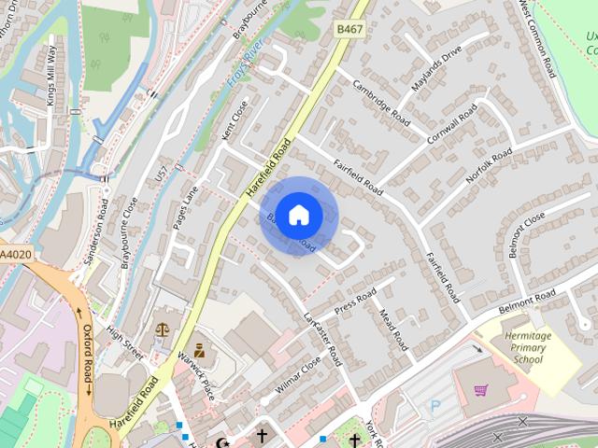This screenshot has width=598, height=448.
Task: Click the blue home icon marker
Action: pyautogui.click(x=298, y=216)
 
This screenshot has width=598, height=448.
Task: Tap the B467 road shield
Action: pyautogui.click(x=349, y=31)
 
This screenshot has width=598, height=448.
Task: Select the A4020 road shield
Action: pyautogui.click(x=15, y=254)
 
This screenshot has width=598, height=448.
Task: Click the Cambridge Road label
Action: pyautogui.click(x=381, y=103)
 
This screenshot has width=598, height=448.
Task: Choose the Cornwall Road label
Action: pyautogui.click(x=455, y=129)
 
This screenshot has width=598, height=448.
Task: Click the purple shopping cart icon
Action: pyautogui.click(x=480, y=390)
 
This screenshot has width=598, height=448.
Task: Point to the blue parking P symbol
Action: pyautogui.click(x=434, y=406)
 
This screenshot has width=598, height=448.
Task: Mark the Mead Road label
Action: pyautogui.click(x=393, y=329)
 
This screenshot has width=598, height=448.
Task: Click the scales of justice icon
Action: pyautogui.click(x=163, y=329)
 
